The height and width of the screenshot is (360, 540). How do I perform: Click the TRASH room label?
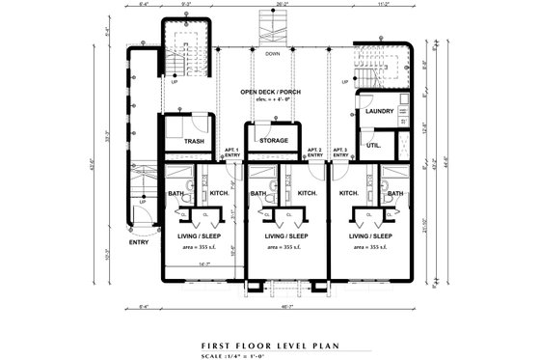click(194, 142)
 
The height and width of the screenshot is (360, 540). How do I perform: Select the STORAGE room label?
click(274, 141)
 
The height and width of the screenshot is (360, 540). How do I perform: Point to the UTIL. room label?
click(373, 145)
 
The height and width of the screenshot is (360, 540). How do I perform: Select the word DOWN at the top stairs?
click(274, 54)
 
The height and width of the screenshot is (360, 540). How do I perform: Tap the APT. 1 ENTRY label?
click(231, 152)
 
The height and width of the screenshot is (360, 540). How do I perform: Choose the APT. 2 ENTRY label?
click(314, 152)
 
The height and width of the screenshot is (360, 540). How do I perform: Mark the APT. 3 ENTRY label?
click(340, 152)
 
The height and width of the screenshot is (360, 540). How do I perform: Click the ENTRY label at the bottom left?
click(138, 242)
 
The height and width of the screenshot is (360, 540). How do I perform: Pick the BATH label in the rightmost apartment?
click(395, 194)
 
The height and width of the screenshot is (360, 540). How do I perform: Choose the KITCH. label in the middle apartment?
click(307, 194)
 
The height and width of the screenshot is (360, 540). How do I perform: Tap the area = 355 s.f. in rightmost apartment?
click(372, 247)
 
